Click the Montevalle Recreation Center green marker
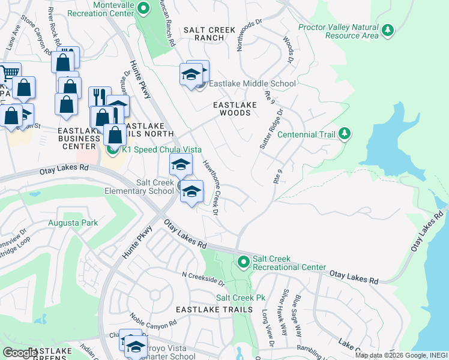click(x=143, y=8)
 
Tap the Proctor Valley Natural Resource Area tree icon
click(x=388, y=30)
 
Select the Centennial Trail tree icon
click(x=344, y=133)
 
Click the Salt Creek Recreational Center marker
click(x=243, y=262)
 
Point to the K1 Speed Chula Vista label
click(x=161, y=149)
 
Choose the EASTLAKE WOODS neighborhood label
click(x=235, y=109)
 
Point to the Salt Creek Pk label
click(x=241, y=298)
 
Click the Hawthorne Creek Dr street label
click(x=209, y=185)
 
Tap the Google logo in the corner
click(x=20, y=353)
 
